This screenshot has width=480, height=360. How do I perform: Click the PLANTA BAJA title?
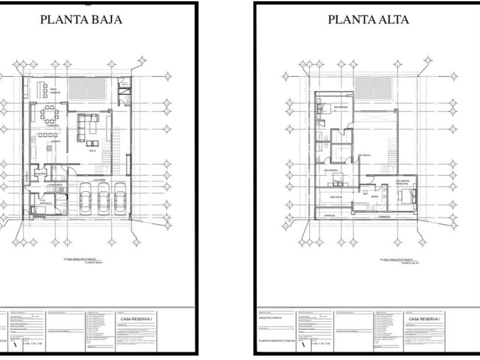pos(81,19)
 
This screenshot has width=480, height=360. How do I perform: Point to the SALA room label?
pos(91,151)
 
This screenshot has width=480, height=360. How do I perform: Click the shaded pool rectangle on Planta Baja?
pos(87,89)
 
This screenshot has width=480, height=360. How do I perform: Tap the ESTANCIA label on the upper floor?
pos(364,155)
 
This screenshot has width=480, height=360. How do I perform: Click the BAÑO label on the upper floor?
pos(375,196)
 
